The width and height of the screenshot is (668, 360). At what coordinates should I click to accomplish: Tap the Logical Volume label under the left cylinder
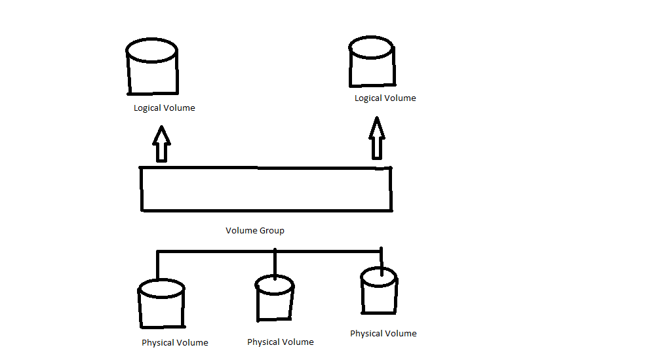tap(164, 108)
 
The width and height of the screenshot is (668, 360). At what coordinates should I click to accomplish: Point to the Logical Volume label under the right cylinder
tap(385, 98)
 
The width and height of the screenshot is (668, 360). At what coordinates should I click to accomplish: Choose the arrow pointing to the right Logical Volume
tap(376, 138)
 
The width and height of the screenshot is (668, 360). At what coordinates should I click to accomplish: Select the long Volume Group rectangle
tap(265, 190)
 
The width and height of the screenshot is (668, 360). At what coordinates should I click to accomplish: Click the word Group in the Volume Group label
tap(271, 231)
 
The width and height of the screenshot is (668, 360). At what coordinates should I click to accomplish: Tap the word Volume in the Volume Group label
tap(241, 231)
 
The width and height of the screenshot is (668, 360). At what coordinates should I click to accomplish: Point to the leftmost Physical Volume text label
tap(174, 343)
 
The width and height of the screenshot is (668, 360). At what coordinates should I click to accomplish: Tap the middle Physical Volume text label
tap(280, 342)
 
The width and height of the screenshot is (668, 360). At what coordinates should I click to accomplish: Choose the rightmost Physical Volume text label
tap(383, 334)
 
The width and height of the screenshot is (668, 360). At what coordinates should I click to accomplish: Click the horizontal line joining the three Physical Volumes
tap(216, 250)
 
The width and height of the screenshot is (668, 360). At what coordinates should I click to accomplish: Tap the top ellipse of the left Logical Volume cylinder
tap(151, 50)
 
